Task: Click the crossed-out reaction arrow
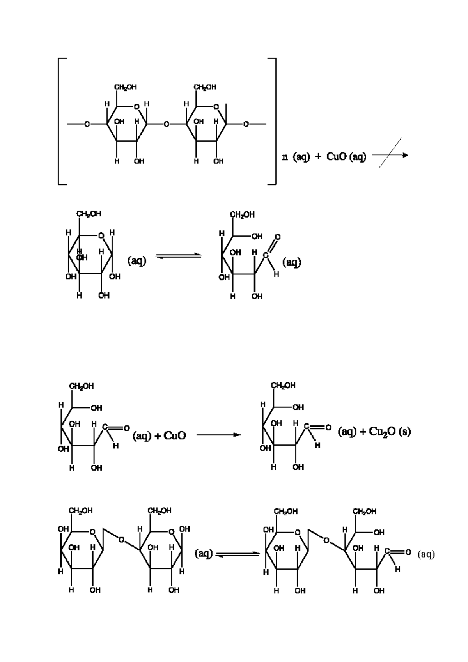pos(390,155)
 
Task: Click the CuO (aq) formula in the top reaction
pos(346,156)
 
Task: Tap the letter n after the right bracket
pos(285,157)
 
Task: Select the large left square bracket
pos(62,122)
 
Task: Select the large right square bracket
pos(272,122)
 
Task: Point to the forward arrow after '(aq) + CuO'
pos(218,435)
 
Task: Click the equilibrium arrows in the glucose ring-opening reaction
pos(178,256)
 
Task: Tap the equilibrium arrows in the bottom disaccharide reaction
pos(238,554)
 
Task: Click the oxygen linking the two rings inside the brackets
pos(167,124)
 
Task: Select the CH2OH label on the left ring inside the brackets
pos(126,87)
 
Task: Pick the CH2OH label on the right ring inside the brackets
pos(205,87)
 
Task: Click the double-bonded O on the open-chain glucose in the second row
pos(277,237)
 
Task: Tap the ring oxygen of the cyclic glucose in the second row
pos(101,235)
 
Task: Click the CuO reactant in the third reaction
pos(175,435)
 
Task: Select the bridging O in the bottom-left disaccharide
pos(121,540)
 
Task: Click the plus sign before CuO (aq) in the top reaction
pos(318,157)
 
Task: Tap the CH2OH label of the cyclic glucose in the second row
pos(89,214)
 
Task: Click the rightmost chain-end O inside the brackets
pos(246,124)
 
